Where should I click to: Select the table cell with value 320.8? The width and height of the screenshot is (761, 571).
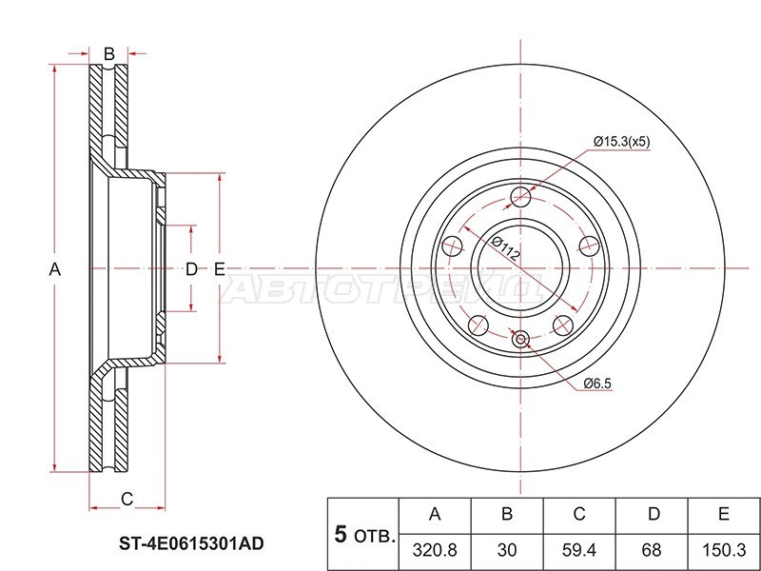tap(436, 550)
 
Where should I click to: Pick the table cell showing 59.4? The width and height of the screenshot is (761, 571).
tap(578, 550)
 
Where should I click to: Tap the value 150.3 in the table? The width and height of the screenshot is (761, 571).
tap(723, 550)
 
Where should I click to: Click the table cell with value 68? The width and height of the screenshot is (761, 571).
tap(653, 550)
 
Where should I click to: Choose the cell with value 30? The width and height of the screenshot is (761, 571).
tap(507, 550)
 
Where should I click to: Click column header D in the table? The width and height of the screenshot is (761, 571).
tap(653, 515)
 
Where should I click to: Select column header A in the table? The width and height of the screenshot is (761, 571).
tap(436, 515)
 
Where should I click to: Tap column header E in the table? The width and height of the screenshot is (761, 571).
tap(723, 515)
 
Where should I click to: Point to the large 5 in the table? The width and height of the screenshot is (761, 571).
tap(340, 534)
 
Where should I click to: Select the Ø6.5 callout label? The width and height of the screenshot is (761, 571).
tap(597, 384)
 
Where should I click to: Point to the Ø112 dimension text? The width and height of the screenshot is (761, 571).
tap(504, 250)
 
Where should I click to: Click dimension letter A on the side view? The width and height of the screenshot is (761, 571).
tap(55, 269)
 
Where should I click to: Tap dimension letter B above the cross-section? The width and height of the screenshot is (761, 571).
tap(108, 53)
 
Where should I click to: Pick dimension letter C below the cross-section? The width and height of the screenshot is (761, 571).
tap(126, 499)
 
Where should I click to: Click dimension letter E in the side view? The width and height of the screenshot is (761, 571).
tap(219, 269)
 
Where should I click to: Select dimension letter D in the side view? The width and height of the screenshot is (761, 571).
tap(191, 269)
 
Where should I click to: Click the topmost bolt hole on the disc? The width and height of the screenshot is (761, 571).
tap(520, 198)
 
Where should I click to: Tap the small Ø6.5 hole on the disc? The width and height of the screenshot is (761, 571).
tap(520, 338)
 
